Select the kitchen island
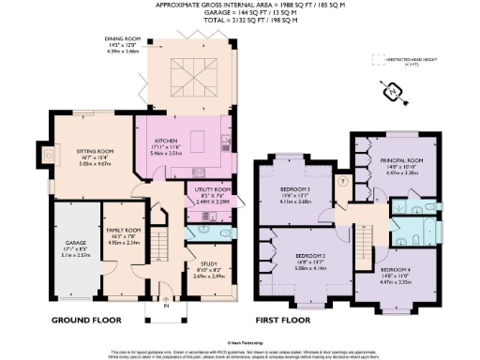tap(198, 142)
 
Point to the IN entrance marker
tap(166, 305)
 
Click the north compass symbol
tap(393, 92)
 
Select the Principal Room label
tap(402, 161)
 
